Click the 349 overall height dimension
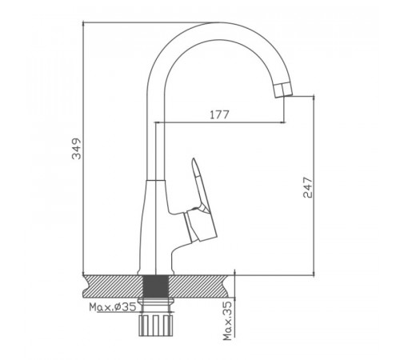coord(77,149)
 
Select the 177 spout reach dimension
coord(219,115)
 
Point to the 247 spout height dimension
coord(308,187)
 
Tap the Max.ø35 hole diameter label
coord(113,307)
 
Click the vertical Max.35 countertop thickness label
coord(227,321)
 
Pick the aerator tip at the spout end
coord(283,90)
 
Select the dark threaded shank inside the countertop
coord(156,286)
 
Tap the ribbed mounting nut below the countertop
coord(156,326)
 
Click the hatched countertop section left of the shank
coord(114,286)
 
